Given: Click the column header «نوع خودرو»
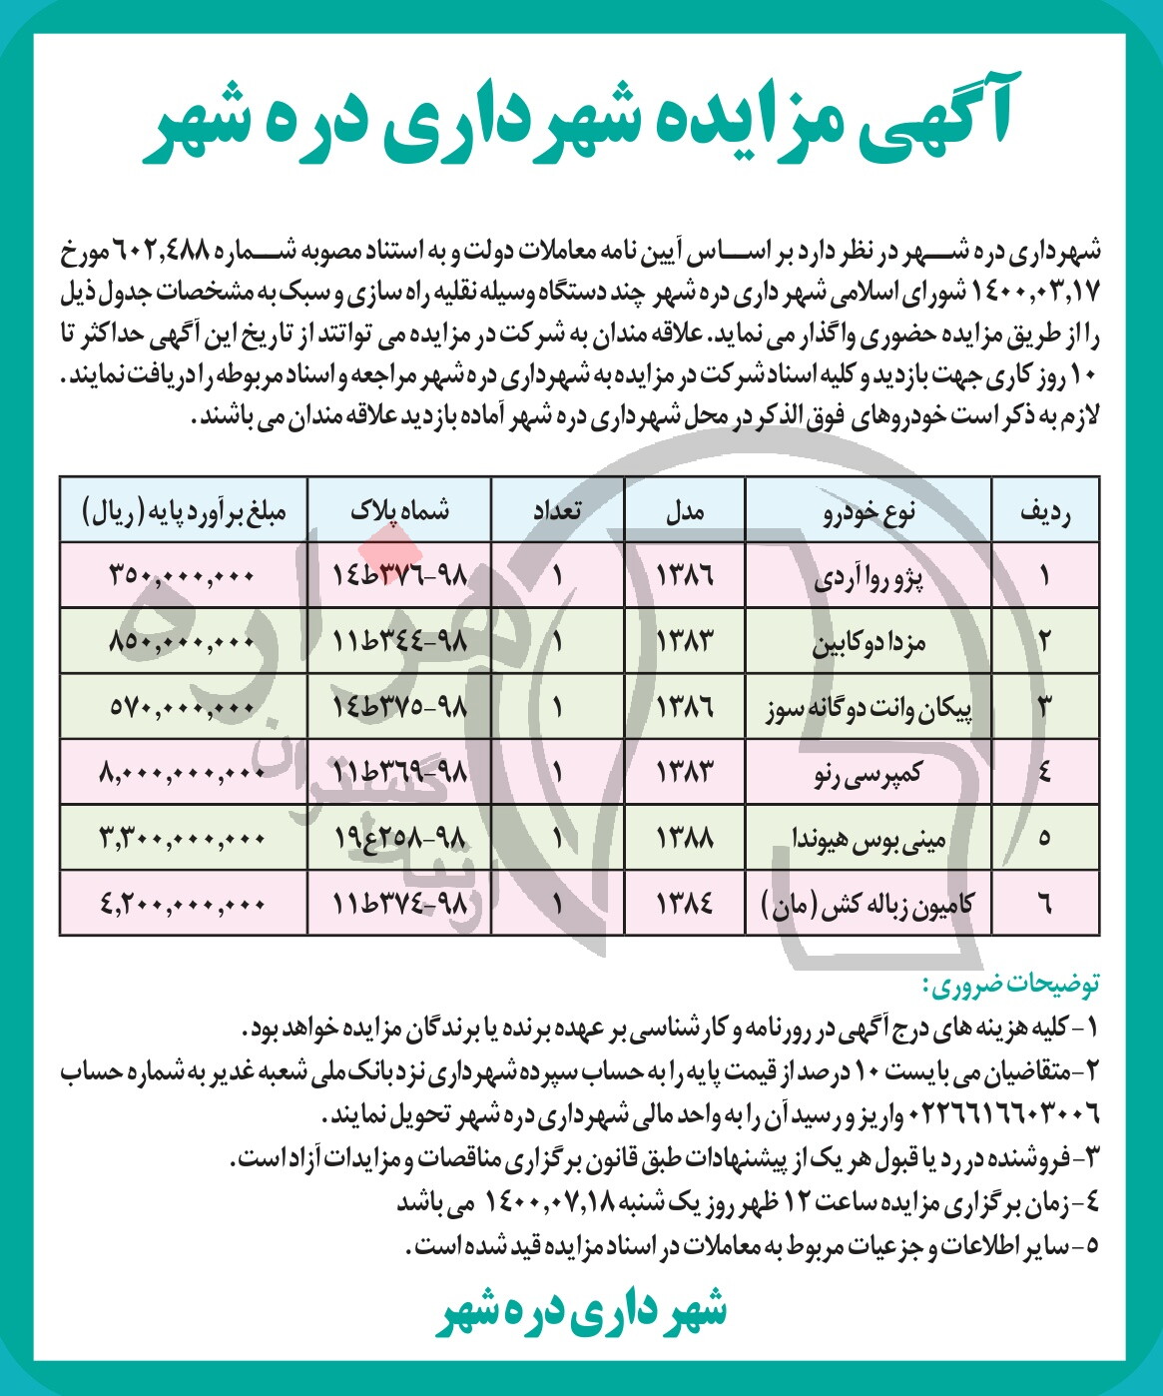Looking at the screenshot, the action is pos(868,511).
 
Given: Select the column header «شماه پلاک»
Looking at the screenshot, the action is pos(399,510).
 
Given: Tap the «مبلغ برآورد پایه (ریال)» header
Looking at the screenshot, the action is pos(185,511).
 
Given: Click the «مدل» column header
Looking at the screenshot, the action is pos(685,511).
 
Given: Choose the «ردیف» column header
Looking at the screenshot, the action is pos(1044,511).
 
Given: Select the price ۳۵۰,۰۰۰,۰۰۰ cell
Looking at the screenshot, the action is pos(184,576).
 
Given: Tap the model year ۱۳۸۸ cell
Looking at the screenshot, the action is pos(685,837).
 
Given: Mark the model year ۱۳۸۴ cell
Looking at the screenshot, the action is pos(685,904).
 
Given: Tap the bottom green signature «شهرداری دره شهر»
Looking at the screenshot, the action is pos(581,1312).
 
